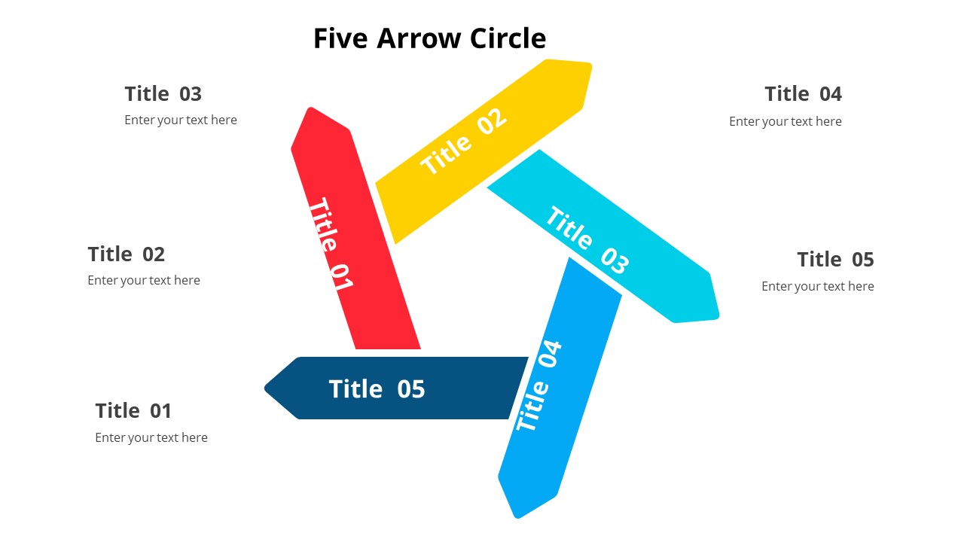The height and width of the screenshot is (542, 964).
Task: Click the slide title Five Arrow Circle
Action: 429,38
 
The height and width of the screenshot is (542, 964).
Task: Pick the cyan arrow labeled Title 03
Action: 602,236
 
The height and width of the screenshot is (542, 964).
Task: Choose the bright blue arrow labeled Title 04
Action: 560,387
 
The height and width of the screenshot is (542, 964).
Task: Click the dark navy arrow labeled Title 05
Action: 396,388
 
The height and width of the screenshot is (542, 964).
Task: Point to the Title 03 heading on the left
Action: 163,94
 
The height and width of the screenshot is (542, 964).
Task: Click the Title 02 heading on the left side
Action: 126,254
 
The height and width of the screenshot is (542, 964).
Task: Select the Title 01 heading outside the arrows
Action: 133,411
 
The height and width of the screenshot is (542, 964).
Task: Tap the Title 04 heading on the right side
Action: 803,94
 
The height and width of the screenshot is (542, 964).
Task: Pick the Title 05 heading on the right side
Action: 835,260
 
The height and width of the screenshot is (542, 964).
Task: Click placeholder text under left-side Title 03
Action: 181,120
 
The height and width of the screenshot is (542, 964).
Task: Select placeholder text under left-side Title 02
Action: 144,281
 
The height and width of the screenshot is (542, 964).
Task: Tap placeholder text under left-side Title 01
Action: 151,437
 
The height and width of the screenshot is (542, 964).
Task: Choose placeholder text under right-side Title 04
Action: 786,122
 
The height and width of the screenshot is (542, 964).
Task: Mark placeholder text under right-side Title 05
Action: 818,287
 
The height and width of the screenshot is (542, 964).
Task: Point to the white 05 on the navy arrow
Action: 411,389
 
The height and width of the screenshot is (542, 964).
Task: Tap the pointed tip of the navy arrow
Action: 264,388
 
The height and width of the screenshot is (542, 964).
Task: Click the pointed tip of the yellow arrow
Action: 590,65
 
